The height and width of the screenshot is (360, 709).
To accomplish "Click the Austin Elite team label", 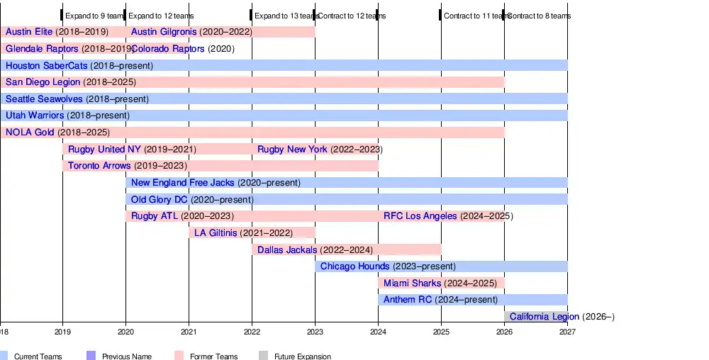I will pos(29,32).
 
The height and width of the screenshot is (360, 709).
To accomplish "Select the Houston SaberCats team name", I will pos(46,66).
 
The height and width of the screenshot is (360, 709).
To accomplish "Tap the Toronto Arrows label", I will pos(99,166).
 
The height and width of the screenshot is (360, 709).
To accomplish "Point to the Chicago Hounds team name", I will pos(354,266).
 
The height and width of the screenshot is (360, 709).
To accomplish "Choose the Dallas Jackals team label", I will pos(287,249).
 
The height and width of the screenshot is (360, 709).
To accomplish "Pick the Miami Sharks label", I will pos(412,283).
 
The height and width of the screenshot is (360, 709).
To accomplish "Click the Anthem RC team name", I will pos(408,300).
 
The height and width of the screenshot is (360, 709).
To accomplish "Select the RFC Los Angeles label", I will pos(420,216).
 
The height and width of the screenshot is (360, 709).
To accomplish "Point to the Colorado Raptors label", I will pos(168,49).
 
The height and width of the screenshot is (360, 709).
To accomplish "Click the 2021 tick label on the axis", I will pos(189,331).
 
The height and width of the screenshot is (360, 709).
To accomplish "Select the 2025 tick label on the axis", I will pos(441,331).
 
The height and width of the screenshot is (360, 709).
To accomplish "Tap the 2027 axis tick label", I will pos(567,331).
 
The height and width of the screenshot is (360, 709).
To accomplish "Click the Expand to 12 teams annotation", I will pos(161,16).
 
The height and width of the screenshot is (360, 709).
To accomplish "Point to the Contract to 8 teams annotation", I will pos(539,16).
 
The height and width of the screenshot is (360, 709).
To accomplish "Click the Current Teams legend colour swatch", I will pos(4,356).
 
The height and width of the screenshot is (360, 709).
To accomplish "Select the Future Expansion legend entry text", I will pos(303,356).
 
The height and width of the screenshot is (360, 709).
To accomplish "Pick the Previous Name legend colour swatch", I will pos(91,356).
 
